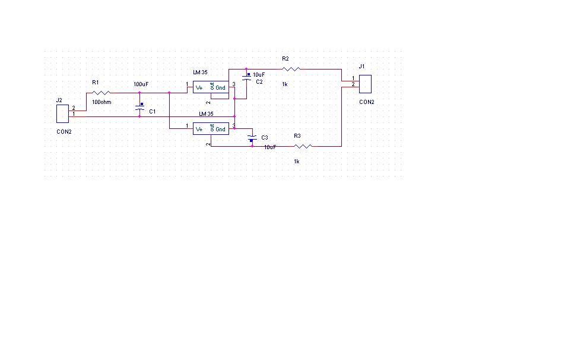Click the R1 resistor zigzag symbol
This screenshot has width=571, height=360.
[x=101, y=93]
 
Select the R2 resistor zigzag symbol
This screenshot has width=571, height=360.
[x=291, y=69]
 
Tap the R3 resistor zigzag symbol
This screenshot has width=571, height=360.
[x=303, y=146]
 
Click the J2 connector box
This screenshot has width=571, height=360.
[x=63, y=113]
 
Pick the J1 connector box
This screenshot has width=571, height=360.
[x=365, y=84]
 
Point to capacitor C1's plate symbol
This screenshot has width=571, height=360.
[x=140, y=107]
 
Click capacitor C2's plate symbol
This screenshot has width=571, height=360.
[x=246, y=77]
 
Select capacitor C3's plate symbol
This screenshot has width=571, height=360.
[x=252, y=138]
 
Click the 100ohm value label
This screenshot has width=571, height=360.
[x=101, y=102]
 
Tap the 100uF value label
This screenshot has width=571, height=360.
[x=141, y=84]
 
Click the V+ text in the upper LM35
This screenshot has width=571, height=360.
[x=199, y=88]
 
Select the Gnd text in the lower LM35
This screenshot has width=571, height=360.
[x=220, y=130]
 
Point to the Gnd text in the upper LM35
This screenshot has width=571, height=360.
[x=220, y=88]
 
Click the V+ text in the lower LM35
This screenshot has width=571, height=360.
[x=199, y=130]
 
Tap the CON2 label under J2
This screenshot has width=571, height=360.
[x=64, y=132]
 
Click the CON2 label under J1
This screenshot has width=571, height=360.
[x=367, y=102]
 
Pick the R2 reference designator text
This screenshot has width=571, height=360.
[x=285, y=59]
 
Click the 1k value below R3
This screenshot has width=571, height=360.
[x=297, y=162]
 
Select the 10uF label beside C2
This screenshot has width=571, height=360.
[x=259, y=75]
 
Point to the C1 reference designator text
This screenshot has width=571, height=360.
[x=153, y=112]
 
